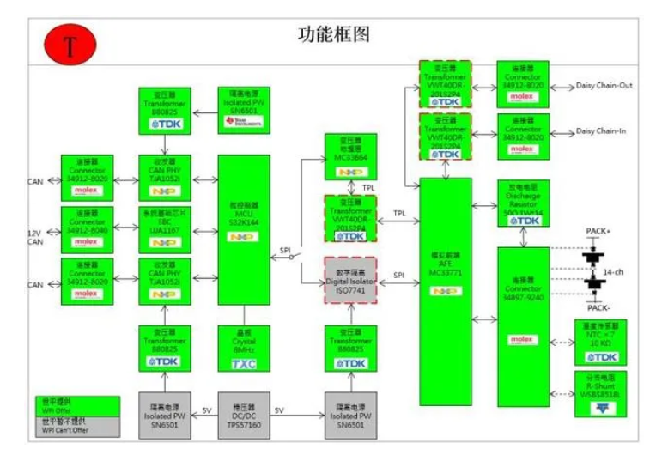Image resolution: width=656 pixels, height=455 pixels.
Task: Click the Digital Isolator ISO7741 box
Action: click(x=349, y=280)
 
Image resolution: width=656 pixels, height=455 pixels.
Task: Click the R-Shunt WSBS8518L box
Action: click(x=601, y=393)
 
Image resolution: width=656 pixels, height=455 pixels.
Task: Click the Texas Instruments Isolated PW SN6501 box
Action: click(x=244, y=110)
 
